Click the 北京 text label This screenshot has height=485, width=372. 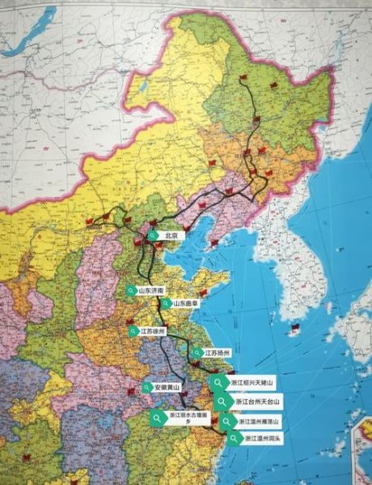170,235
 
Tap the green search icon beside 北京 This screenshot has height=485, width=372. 152,235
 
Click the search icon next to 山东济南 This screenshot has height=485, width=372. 130,289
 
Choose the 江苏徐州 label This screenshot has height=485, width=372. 152,331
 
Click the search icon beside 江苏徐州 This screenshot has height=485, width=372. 133,331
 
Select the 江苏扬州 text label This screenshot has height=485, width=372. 218,353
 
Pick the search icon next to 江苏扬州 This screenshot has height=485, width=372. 197,353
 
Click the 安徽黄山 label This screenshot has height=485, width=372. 167,388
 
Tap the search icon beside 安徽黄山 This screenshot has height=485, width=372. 146,388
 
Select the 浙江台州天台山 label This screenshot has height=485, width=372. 258,401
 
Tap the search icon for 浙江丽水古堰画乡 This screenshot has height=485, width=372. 156,417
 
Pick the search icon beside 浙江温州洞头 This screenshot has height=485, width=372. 234,439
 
